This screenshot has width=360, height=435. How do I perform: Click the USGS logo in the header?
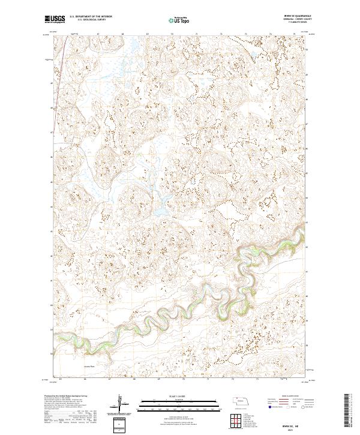[x=55, y=19]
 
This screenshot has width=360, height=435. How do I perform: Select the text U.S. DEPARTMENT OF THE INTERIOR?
[x=91, y=17]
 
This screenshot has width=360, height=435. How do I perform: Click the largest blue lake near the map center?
[x=163, y=210]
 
